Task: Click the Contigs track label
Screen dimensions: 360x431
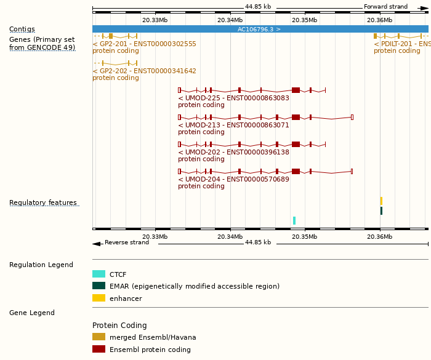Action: [x=22, y=30]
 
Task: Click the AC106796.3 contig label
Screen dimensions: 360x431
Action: [x=259, y=30]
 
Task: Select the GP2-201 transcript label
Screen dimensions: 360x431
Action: [x=144, y=44]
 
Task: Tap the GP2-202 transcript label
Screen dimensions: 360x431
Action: [x=144, y=71]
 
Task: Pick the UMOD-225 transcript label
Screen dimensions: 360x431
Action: [x=233, y=98]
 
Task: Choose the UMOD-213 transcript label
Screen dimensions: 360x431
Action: [x=233, y=125]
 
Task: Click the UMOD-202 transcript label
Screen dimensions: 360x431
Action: [x=233, y=152]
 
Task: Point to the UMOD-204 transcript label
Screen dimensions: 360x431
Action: [x=233, y=179]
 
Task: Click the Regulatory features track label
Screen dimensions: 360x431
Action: [x=43, y=203]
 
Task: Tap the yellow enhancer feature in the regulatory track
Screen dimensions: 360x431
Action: [x=381, y=201]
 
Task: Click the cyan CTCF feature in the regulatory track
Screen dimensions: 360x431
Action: [x=294, y=220]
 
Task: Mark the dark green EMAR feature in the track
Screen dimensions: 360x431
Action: [x=381, y=210]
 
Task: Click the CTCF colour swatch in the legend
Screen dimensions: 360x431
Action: [x=99, y=274]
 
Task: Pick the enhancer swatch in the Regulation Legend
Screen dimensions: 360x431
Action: [x=99, y=298]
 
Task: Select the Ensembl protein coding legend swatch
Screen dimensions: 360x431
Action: [x=99, y=349]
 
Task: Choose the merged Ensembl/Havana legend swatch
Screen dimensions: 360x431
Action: [x=99, y=337]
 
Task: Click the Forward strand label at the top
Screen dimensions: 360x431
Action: [x=385, y=7]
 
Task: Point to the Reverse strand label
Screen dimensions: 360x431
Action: [x=126, y=242]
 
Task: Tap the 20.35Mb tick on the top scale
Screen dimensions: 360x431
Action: [x=305, y=20]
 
